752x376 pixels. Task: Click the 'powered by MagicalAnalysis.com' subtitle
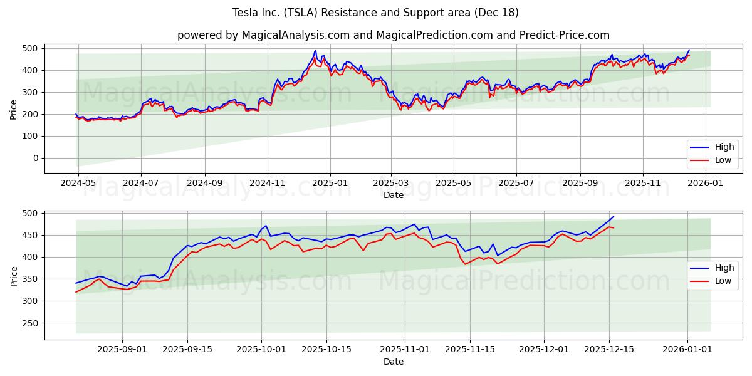(x=393, y=35)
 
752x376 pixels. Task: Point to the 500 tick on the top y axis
(x=29, y=48)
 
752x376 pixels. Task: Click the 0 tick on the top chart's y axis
(x=35, y=158)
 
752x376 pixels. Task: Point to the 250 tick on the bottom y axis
(x=29, y=323)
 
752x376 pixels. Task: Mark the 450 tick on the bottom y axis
(x=29, y=236)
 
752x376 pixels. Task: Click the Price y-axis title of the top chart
(x=14, y=110)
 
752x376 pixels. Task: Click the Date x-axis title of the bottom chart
(x=393, y=362)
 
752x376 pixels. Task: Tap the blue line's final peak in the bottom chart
(x=614, y=217)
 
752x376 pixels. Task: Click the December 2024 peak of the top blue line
(x=316, y=51)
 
